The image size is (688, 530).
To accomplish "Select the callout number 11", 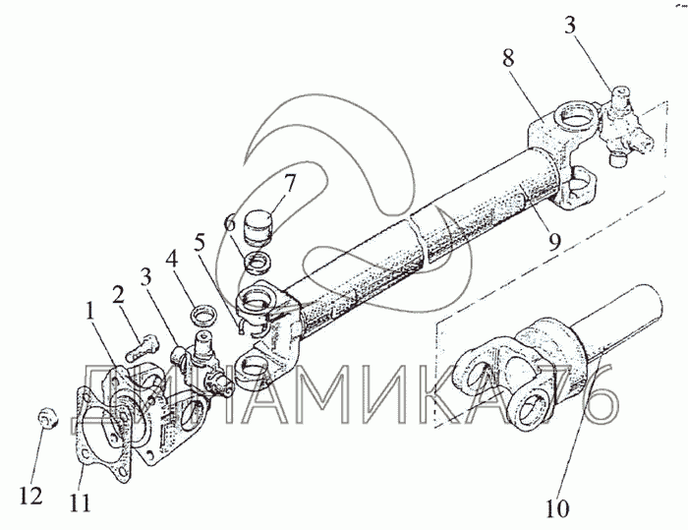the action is point(81,503).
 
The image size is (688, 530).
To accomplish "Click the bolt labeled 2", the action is point(143,346).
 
